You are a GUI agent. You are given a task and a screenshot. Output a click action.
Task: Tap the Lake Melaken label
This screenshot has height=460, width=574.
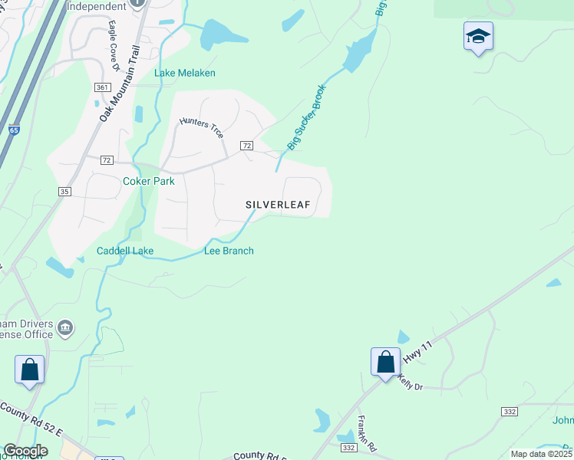pyautogui.click(x=185, y=74)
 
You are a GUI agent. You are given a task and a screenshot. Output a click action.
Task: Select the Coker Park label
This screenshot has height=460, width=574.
pyautogui.click(x=149, y=182)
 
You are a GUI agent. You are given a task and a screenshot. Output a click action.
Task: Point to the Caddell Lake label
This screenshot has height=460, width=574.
pyautogui.click(x=125, y=251)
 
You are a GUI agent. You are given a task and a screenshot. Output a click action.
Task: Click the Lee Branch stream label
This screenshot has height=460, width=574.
pyautogui.click(x=229, y=251)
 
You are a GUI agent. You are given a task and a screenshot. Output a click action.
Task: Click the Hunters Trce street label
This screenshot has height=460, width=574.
pyautogui.click(x=201, y=127)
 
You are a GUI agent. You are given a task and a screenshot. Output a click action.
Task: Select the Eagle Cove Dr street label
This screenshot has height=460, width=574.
pyautogui.click(x=114, y=46)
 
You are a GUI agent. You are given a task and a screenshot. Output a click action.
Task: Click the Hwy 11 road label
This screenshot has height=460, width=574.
pyautogui.click(x=413, y=353)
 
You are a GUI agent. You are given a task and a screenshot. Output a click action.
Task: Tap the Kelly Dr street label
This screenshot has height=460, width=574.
pyautogui.click(x=411, y=383)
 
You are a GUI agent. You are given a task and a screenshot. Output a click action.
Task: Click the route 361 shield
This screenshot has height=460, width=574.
pyautogui.click(x=103, y=87)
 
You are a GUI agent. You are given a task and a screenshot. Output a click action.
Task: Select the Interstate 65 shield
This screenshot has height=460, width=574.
pyautogui.click(x=15, y=130)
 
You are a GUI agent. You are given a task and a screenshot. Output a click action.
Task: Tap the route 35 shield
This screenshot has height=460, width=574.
pyautogui.click(x=64, y=191)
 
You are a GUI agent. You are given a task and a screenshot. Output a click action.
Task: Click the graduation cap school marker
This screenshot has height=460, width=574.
pyautogui.click(x=478, y=36)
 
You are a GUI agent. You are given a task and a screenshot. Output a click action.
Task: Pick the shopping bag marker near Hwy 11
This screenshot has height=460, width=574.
pyautogui.click(x=385, y=362)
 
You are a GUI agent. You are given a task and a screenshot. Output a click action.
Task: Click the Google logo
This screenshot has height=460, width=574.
pyautogui.click(x=25, y=451)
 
